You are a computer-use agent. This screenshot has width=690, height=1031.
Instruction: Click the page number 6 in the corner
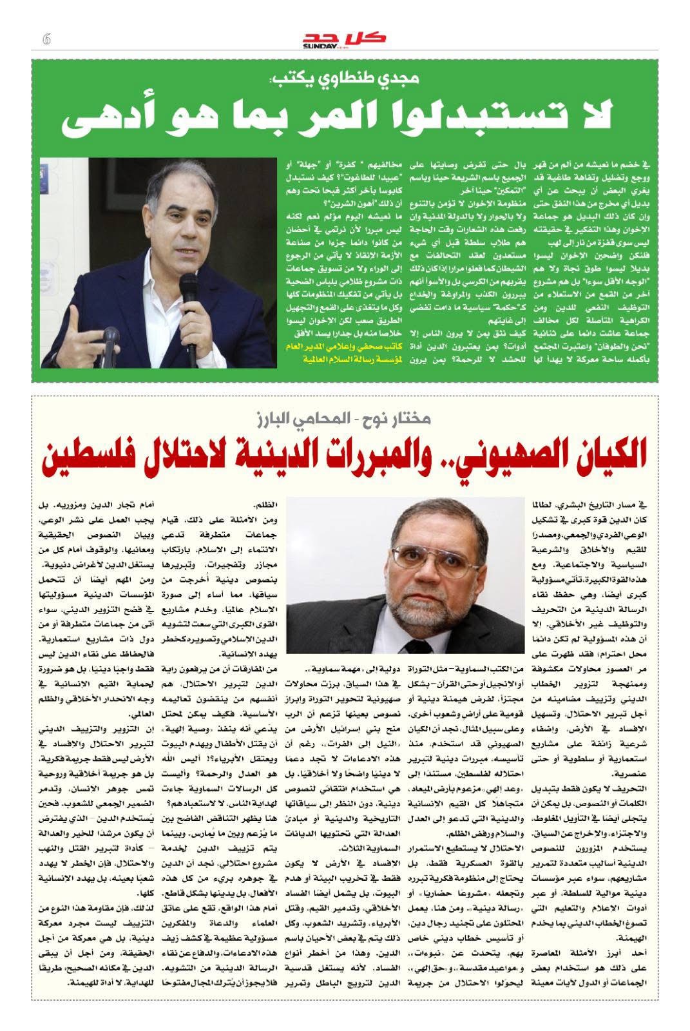(46, 39)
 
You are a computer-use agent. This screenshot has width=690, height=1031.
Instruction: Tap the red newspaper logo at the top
(345, 39)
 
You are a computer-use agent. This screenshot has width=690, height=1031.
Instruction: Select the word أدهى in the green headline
(103, 119)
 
